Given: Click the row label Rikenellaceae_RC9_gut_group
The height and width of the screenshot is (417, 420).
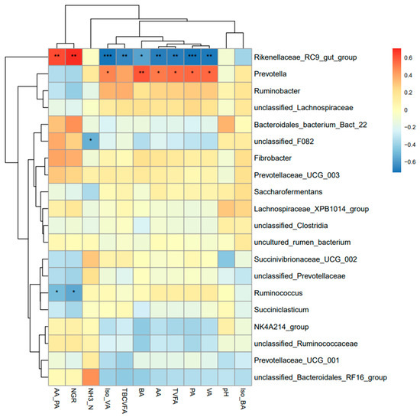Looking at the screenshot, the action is point(305,57).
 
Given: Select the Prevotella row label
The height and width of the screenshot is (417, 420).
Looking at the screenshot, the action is point(270,74).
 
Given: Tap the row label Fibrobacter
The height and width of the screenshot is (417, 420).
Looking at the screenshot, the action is point(273,158).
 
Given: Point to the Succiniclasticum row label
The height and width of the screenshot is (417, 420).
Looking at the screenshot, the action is point(281,310).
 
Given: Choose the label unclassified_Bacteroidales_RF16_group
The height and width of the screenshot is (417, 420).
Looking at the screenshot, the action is point(321,377).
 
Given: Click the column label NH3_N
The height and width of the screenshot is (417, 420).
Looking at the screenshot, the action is point(91,399).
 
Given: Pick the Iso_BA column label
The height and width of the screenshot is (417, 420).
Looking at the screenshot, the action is point(243,399).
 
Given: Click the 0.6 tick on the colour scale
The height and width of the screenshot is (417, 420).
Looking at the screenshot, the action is point(409,57).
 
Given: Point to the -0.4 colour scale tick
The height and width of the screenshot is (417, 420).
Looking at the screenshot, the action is point(410,145).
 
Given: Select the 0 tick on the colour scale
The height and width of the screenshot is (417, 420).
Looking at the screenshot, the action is point(405,110).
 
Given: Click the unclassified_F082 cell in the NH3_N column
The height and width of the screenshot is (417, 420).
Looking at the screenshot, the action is point(91,141).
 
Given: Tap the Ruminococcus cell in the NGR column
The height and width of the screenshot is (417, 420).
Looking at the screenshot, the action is point(74,293).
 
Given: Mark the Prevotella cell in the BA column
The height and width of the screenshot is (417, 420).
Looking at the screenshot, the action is point(141,73).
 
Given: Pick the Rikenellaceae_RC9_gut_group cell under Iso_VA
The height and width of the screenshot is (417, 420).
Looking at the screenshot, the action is point(108,57).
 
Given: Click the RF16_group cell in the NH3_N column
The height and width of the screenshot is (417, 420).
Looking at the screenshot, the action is point(91,377).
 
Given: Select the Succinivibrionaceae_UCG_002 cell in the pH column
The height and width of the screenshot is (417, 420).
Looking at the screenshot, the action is point(226,259).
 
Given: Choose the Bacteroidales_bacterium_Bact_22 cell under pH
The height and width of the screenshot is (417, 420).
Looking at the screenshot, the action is point(226,124).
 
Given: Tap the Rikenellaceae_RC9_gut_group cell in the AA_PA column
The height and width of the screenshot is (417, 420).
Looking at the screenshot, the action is point(57,57).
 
